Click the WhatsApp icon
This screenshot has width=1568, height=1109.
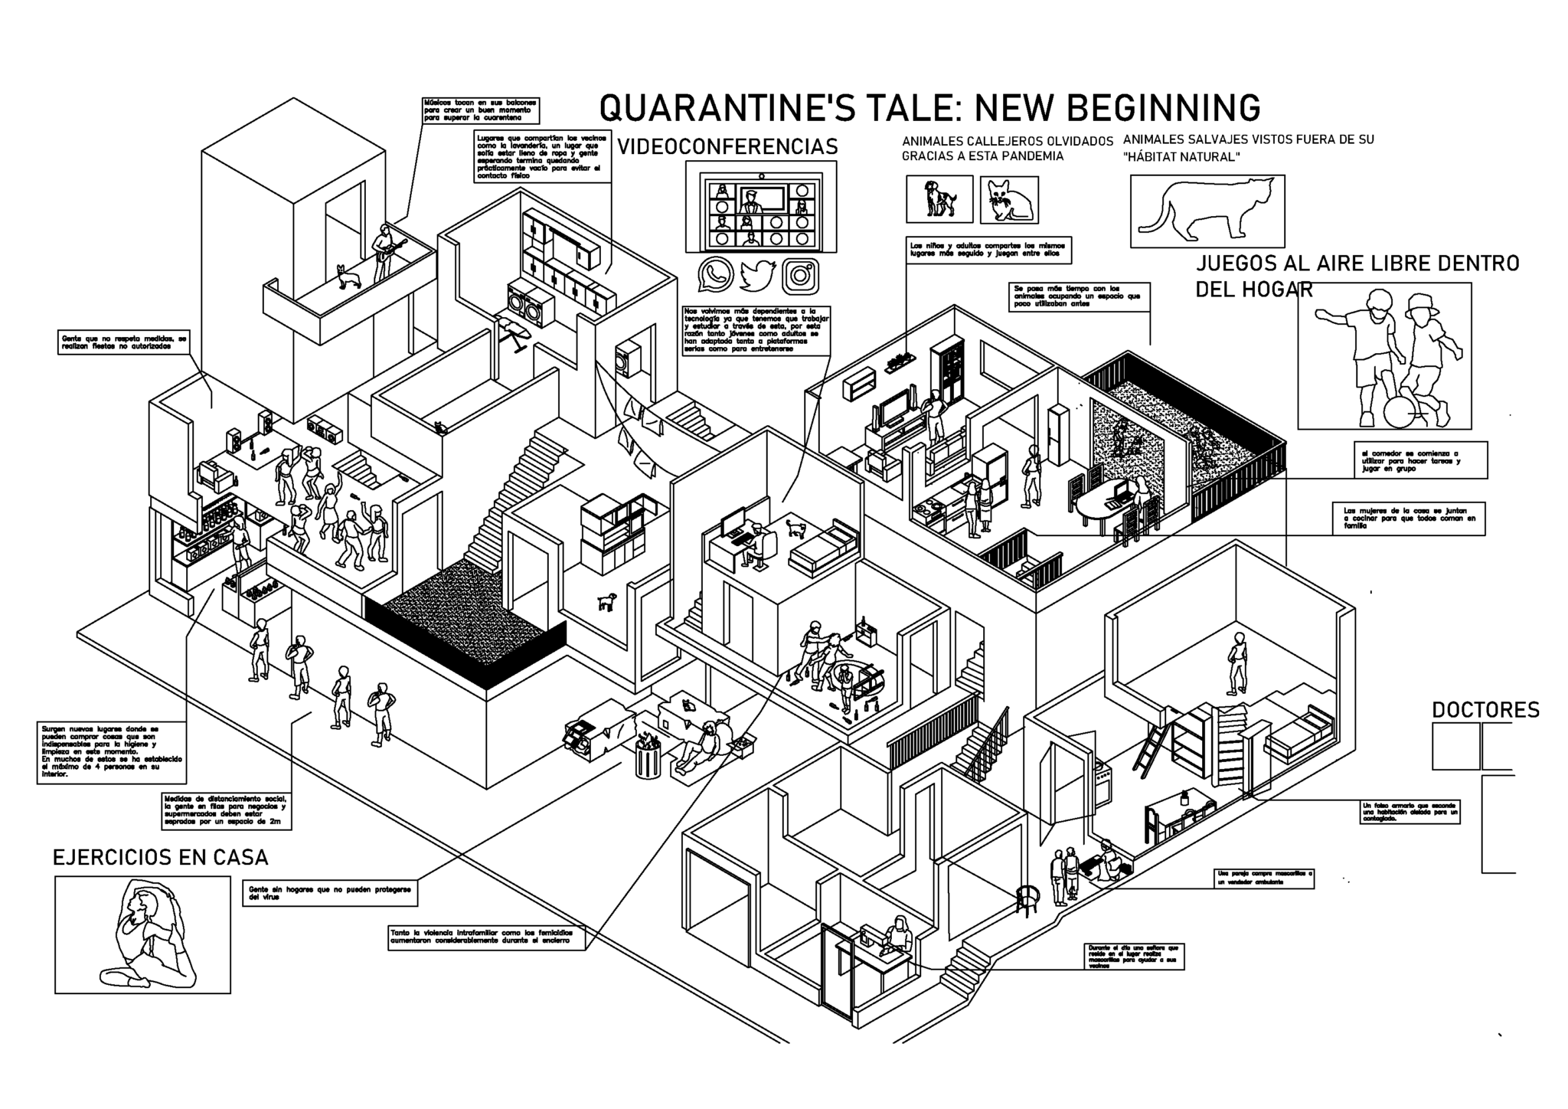[715, 275]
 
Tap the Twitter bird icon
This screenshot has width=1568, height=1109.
[758, 275]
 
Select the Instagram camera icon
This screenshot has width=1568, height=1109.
[800, 276]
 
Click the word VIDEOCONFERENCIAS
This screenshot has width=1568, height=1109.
[727, 146]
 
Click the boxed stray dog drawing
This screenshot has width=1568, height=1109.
[939, 199]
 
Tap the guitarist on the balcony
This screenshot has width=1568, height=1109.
[385, 251]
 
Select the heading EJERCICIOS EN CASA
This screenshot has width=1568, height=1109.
[160, 857]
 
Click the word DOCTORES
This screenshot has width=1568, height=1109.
[1485, 710]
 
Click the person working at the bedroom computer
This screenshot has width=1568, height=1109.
[758, 544]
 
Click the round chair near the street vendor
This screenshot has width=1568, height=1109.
[1029, 899]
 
